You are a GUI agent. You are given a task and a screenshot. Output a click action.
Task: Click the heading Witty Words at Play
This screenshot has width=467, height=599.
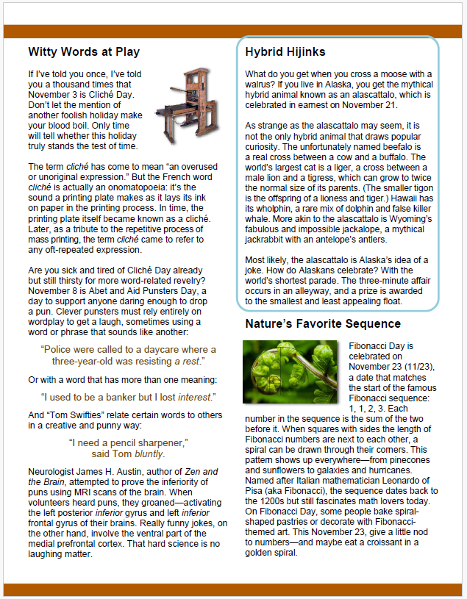point(84,52)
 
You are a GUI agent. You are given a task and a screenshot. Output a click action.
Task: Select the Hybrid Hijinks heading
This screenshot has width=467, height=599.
point(285,52)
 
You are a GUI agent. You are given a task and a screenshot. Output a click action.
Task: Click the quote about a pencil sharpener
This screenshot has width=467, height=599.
point(129,442)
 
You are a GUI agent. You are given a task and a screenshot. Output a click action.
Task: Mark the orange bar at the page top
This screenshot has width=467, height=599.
point(233,31)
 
